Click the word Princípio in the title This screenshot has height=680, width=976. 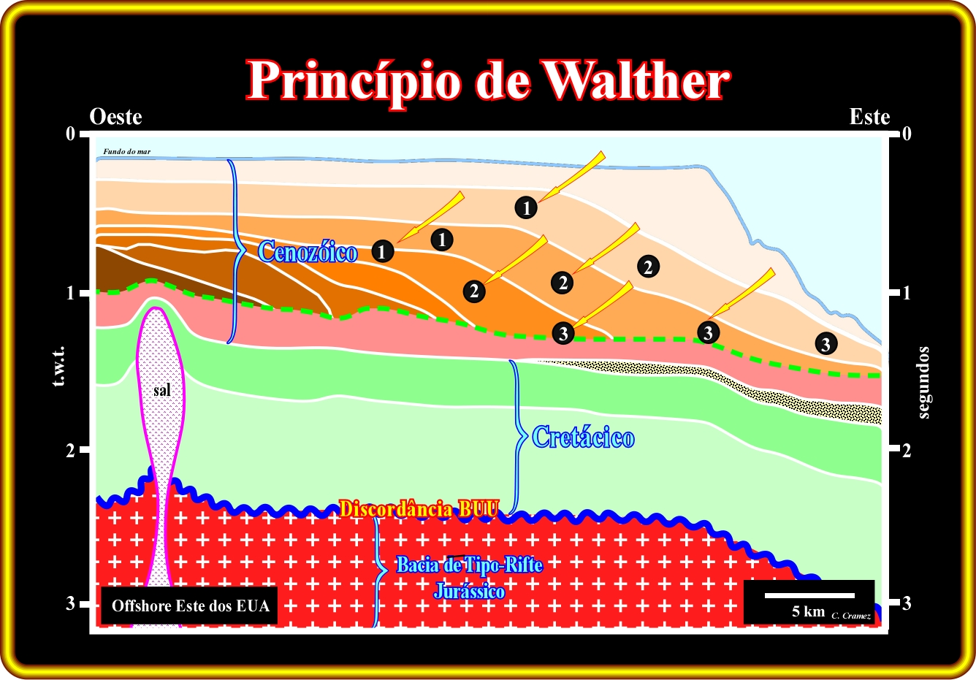354,83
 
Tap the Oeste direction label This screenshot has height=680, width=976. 115,117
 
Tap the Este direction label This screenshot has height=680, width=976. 869,117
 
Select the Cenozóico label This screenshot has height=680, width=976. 308,252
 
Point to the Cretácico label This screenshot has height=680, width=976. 583,437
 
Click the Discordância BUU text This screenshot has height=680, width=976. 419,509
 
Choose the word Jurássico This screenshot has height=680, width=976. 469,591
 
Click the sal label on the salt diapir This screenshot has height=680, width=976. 161,390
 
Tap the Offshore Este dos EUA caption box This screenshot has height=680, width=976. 189,605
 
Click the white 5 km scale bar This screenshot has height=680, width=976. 809,595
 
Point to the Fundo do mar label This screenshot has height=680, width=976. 127,152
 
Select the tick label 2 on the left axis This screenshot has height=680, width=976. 70,451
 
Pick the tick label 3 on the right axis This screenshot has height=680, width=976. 907,604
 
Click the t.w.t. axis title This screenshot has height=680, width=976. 59,366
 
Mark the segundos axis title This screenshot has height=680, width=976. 923,383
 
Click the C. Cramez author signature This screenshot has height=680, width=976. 851,616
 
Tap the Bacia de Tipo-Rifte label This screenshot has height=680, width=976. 470,565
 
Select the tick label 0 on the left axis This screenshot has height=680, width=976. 70,134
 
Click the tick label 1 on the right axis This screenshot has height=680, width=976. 907,293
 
